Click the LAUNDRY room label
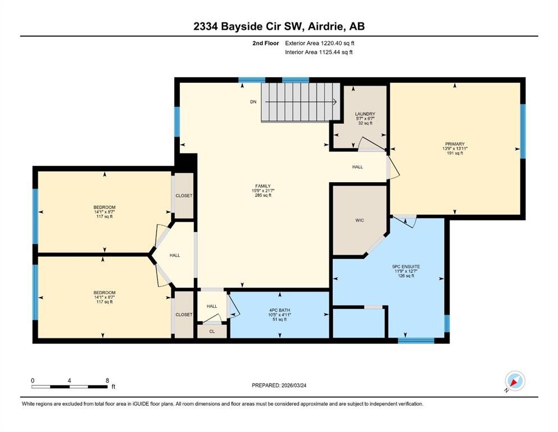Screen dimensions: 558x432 365,114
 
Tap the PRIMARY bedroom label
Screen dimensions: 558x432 455,144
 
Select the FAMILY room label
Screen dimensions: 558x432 263,186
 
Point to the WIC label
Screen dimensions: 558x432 360,220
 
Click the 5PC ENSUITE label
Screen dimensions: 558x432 406,267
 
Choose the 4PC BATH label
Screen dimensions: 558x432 280,310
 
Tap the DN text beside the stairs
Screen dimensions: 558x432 253,102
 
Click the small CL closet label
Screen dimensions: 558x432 212,331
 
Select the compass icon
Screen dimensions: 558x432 515,381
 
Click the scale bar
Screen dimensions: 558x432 69,386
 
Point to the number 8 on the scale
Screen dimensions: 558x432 107,380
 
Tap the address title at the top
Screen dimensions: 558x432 279,26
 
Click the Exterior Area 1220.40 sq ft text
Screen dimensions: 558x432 320,43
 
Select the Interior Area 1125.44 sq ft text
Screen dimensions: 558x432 319,52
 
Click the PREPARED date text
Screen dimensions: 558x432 279,385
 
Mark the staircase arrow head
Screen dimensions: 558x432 334,102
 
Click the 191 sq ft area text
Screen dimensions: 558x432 455,153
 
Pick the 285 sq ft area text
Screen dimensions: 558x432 263,195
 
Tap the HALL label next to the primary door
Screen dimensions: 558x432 357,166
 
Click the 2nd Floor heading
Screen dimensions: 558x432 266,43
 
